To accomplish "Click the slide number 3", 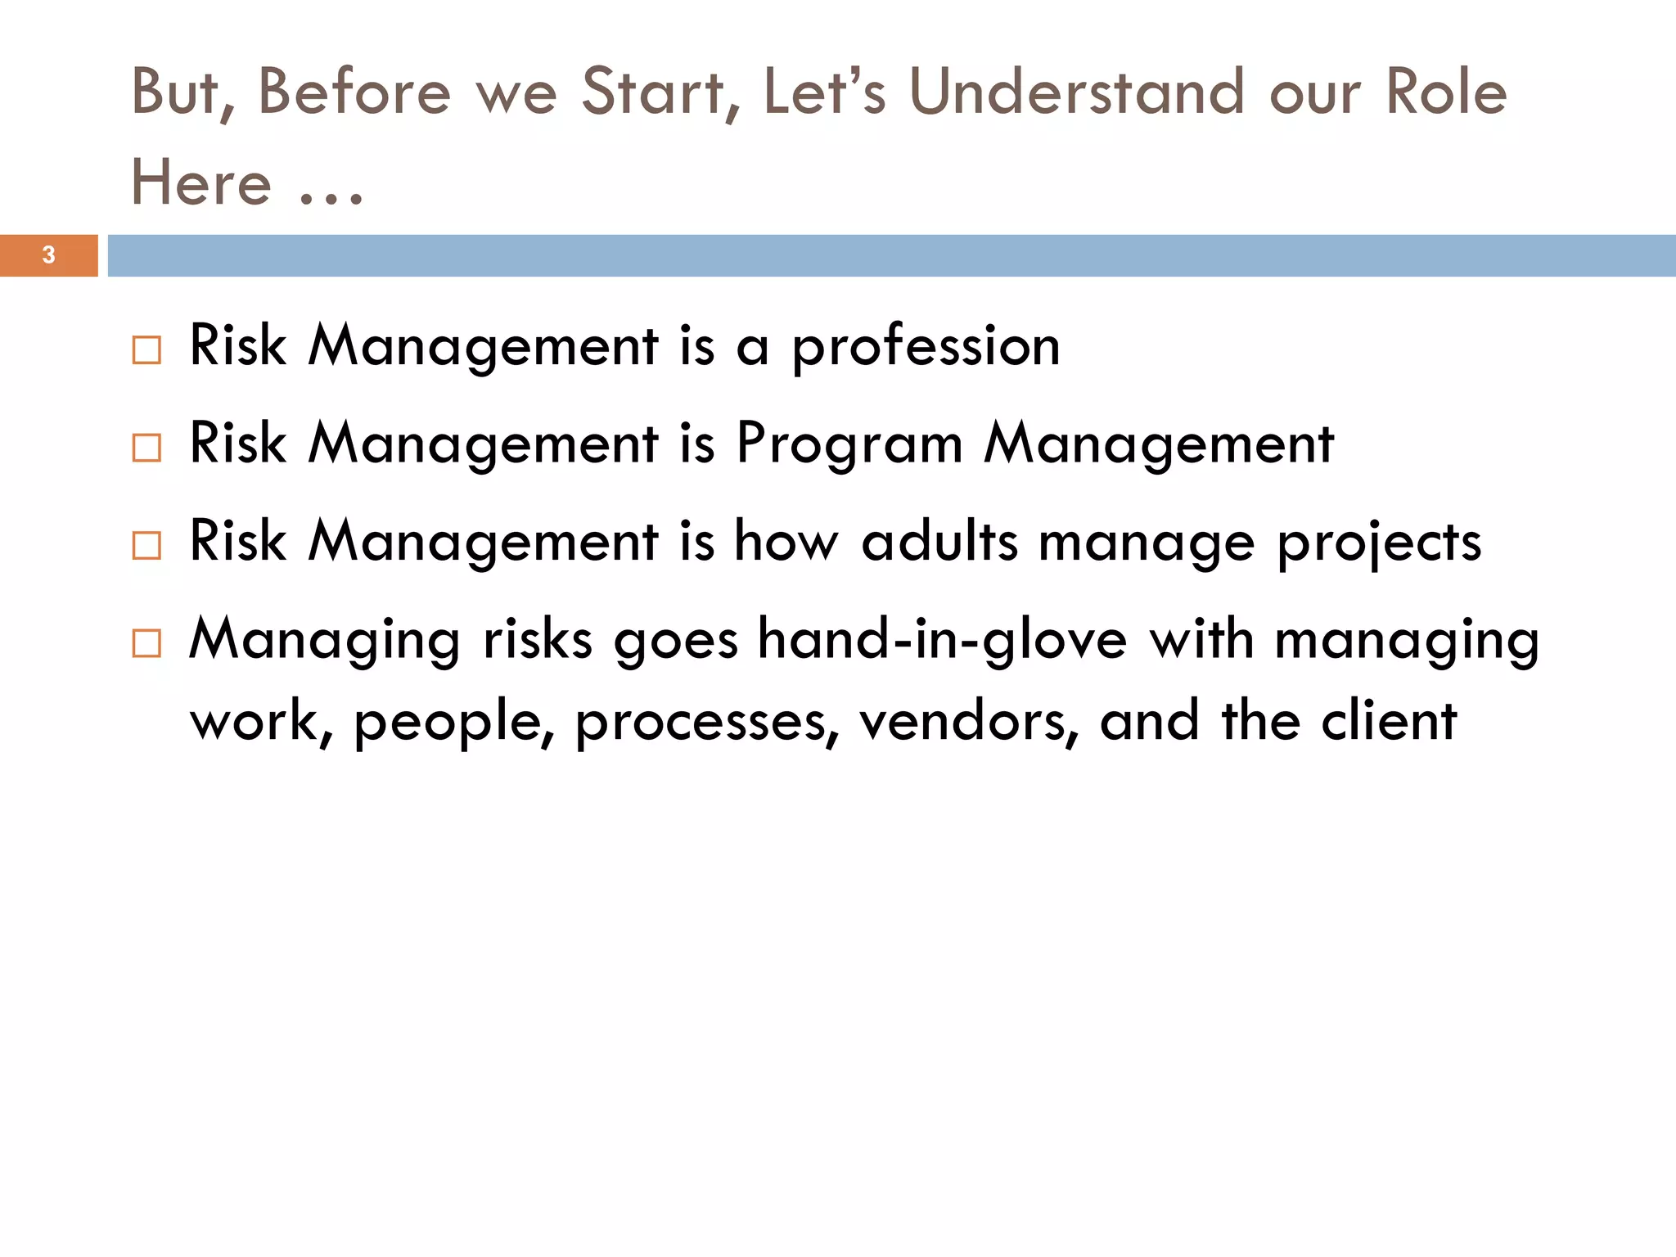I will pyautogui.click(x=48, y=255).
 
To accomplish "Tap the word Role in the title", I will pyautogui.click(x=1445, y=92).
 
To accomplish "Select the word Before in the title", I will pyautogui.click(x=354, y=92).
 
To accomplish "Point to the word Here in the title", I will pyautogui.click(x=201, y=182).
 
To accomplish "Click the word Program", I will pyautogui.click(x=849, y=445).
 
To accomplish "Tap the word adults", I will pyautogui.click(x=940, y=542).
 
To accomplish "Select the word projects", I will pyautogui.click(x=1379, y=543).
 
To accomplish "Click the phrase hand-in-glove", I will pyautogui.click(x=942, y=639).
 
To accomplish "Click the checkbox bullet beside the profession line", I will pyautogui.click(x=146, y=350).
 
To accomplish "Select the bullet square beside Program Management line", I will pyautogui.click(x=146, y=448).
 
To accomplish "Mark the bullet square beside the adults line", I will pyautogui.click(x=146, y=545).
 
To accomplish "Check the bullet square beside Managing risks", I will pyautogui.click(x=146, y=643).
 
